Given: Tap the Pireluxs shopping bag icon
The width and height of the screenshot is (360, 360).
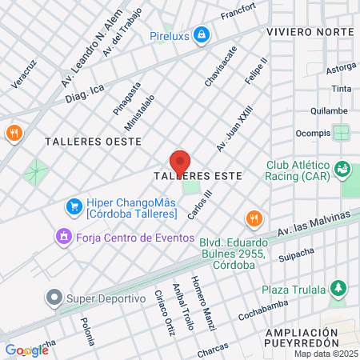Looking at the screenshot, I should click(202, 35).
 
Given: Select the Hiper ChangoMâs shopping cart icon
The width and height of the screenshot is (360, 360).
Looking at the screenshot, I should click(74, 206).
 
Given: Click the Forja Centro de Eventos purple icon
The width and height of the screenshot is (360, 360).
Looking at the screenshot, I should click(62, 237).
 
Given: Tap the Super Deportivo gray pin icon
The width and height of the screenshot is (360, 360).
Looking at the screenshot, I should click(54, 298).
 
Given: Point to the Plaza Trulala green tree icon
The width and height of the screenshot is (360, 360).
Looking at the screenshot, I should click(339, 289).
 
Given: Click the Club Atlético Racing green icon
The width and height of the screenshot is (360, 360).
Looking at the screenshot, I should click(342, 169).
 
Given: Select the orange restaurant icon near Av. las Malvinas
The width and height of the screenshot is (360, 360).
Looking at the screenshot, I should click(254, 218).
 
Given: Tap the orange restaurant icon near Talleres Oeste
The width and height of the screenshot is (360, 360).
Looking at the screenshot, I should click(13, 133).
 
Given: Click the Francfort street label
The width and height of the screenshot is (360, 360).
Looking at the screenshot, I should click(238, 14).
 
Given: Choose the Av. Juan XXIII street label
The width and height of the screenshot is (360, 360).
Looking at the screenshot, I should click(234, 128).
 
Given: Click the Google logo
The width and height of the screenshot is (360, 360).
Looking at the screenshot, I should click(26, 350).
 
